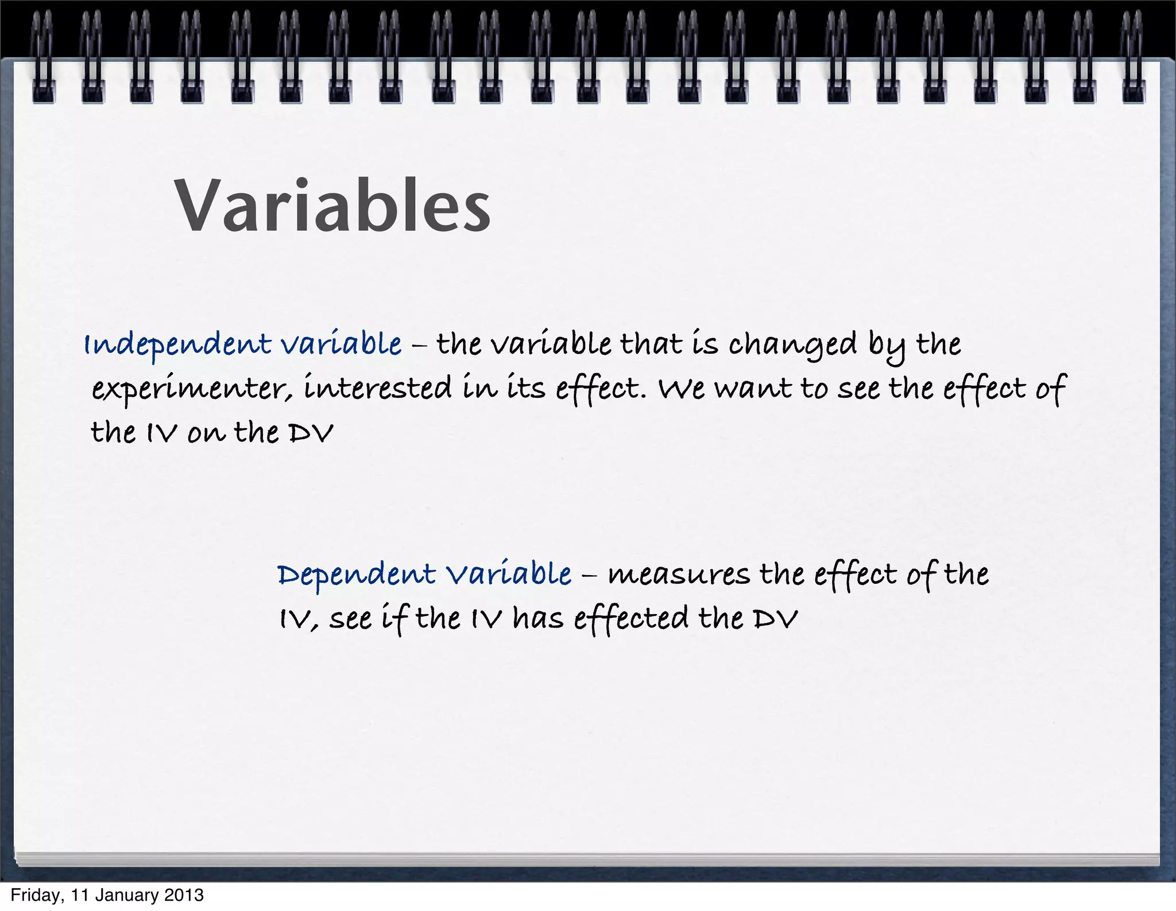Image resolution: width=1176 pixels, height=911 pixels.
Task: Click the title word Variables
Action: coord(332,206)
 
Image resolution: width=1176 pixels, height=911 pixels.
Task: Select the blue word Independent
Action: coord(177,345)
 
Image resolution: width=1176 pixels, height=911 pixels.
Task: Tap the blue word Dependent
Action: coord(356,575)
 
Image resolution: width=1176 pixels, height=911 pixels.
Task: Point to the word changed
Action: coord(792,345)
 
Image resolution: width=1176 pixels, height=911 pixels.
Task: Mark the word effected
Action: coord(631,619)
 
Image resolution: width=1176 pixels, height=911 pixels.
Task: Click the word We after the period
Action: coord(682,389)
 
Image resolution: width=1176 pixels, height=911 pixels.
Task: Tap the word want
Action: coord(754,389)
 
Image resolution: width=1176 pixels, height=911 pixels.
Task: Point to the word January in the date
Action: coord(127,896)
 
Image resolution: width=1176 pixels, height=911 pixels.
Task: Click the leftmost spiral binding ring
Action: coord(43,57)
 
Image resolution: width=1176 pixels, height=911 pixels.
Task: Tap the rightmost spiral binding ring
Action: coord(1133,57)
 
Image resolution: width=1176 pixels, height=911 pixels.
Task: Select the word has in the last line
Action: coord(538,619)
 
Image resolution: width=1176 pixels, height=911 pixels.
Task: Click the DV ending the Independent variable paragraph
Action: coord(310,433)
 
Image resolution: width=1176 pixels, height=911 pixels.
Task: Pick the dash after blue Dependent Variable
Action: coord(589,575)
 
